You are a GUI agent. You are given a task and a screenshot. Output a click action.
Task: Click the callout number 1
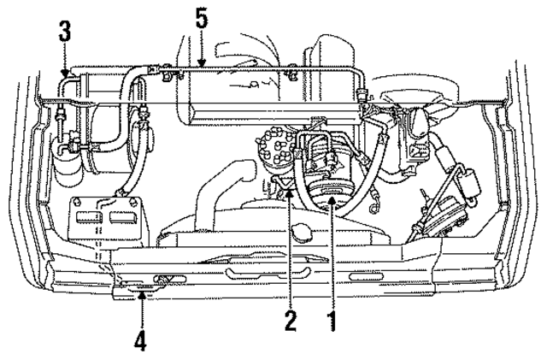coord(331,324)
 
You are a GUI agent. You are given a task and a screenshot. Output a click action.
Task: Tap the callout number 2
coord(291,324)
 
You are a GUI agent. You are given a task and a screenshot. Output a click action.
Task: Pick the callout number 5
coord(201,19)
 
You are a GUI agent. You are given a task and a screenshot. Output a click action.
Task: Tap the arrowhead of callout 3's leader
coord(65,77)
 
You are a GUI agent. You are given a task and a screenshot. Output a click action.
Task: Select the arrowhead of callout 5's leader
coord(201,66)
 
